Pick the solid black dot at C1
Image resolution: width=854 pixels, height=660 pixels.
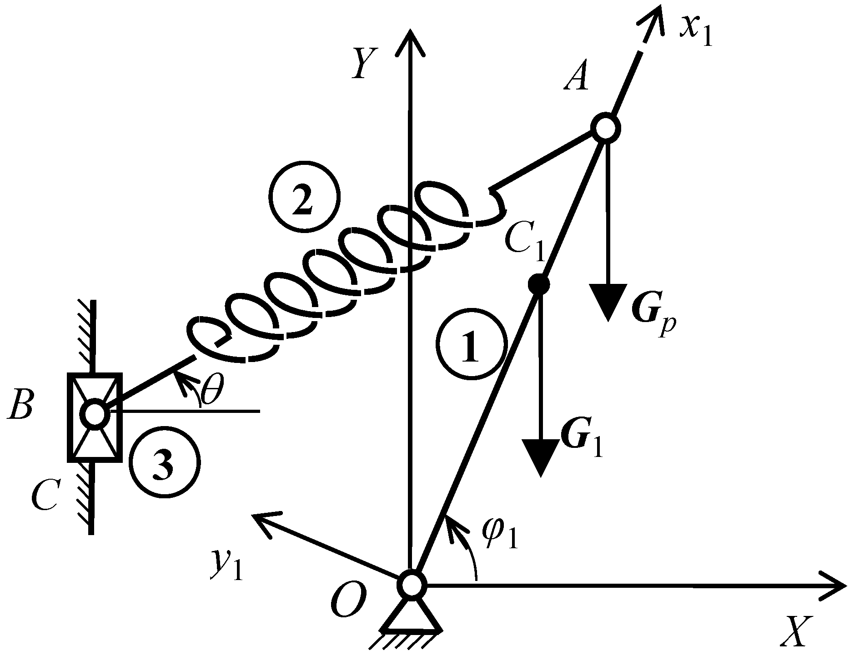click(539, 284)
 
